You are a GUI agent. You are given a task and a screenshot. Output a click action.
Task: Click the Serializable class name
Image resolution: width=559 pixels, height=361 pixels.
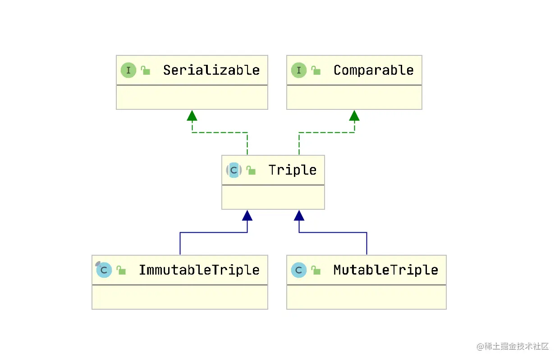click(211, 70)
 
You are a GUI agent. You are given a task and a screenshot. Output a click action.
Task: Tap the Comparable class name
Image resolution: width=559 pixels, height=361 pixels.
click(374, 70)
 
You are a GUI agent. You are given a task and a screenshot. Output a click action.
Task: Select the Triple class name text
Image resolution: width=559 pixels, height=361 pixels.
click(293, 171)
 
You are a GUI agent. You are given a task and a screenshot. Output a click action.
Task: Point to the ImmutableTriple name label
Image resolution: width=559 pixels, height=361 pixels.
click(199, 270)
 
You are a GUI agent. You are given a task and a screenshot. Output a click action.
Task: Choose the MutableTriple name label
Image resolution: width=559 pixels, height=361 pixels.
click(386, 270)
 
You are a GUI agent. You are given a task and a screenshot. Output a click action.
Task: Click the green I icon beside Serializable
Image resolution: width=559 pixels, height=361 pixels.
click(128, 70)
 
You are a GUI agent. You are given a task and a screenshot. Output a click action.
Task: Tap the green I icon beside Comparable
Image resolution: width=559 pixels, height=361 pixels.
click(299, 70)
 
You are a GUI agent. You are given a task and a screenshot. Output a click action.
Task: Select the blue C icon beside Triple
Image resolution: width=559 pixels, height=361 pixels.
click(234, 170)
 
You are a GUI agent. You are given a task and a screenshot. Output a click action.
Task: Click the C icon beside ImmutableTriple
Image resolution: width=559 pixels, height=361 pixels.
click(104, 270)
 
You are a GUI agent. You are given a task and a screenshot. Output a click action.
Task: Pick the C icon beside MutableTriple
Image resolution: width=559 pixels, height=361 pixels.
click(299, 270)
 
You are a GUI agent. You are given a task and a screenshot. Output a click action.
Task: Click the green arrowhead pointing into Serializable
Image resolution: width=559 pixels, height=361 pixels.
click(192, 116)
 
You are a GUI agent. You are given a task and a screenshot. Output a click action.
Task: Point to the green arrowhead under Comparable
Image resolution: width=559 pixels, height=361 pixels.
click(354, 116)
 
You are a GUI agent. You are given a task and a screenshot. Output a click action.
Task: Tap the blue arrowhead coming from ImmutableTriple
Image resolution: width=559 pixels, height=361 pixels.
click(247, 216)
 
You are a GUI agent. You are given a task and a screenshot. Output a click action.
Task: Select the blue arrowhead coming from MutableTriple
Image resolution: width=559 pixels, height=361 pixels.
click(299, 216)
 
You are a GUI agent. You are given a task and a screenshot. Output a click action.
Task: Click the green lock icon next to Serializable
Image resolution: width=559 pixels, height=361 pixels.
click(146, 70)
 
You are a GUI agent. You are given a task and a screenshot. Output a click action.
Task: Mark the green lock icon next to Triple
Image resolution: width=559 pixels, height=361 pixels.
click(251, 171)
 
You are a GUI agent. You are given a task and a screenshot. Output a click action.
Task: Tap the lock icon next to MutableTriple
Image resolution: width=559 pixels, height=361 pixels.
click(316, 270)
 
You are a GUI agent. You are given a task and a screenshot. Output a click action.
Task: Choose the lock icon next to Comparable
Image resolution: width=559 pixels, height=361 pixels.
click(316, 70)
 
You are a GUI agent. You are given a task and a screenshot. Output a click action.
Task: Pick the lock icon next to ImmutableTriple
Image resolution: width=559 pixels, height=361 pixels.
click(121, 270)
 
